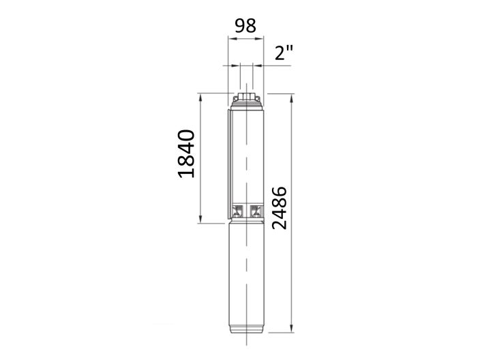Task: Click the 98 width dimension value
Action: [x=245, y=26]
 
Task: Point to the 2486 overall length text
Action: [x=281, y=207]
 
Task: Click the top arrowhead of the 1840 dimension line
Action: [x=200, y=96]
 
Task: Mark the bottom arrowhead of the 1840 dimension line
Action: [x=200, y=220]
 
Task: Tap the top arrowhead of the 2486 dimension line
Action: [x=291, y=96]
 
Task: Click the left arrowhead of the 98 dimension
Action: [x=230, y=40]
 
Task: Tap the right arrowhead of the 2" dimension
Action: [x=252, y=65]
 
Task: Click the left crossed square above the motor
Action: [x=238, y=209]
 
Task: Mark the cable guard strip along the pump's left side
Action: [x=229, y=164]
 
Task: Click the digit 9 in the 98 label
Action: [x=239, y=26]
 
